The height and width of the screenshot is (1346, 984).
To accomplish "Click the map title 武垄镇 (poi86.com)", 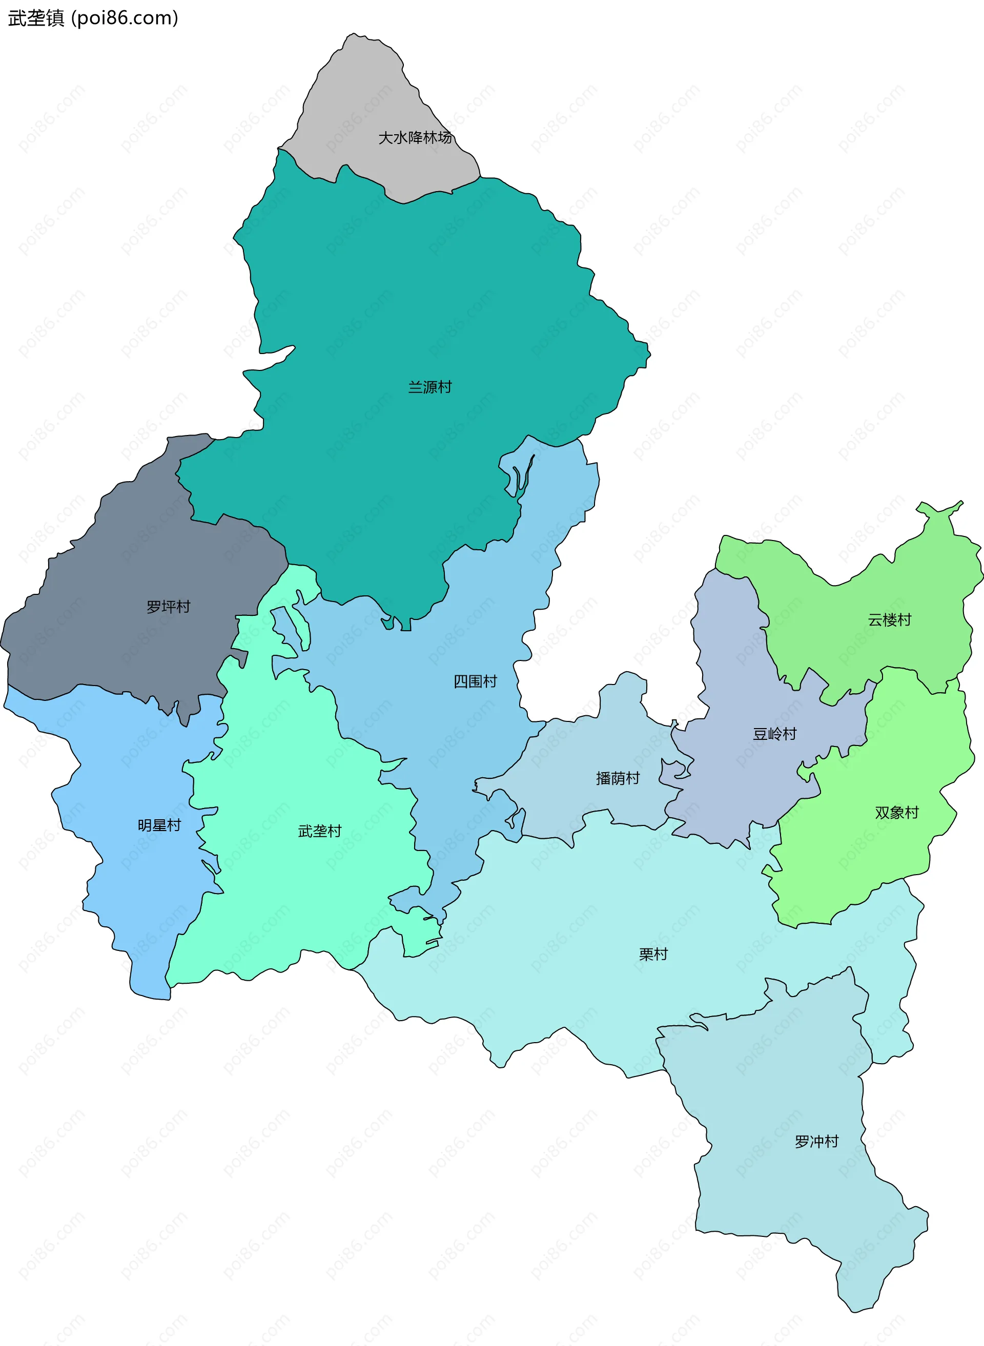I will click(92, 18).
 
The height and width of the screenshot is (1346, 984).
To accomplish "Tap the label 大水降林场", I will click(415, 138).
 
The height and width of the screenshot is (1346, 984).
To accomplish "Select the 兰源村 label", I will click(429, 387).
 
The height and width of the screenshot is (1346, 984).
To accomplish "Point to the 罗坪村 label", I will click(168, 607).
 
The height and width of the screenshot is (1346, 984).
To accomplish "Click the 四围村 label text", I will click(475, 681).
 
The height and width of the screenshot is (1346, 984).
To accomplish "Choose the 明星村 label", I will click(159, 825).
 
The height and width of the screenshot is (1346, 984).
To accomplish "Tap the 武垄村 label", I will click(319, 832).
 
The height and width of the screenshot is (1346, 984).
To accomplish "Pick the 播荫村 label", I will click(617, 778).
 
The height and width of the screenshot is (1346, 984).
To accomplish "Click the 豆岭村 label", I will click(774, 734).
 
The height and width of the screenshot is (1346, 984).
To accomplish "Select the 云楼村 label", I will click(889, 620).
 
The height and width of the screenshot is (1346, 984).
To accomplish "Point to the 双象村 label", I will click(896, 813).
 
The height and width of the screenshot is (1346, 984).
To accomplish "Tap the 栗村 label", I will click(653, 954).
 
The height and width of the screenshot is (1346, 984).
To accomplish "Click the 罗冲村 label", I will click(816, 1141).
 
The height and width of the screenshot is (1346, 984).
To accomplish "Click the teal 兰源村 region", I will click(387, 298).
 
